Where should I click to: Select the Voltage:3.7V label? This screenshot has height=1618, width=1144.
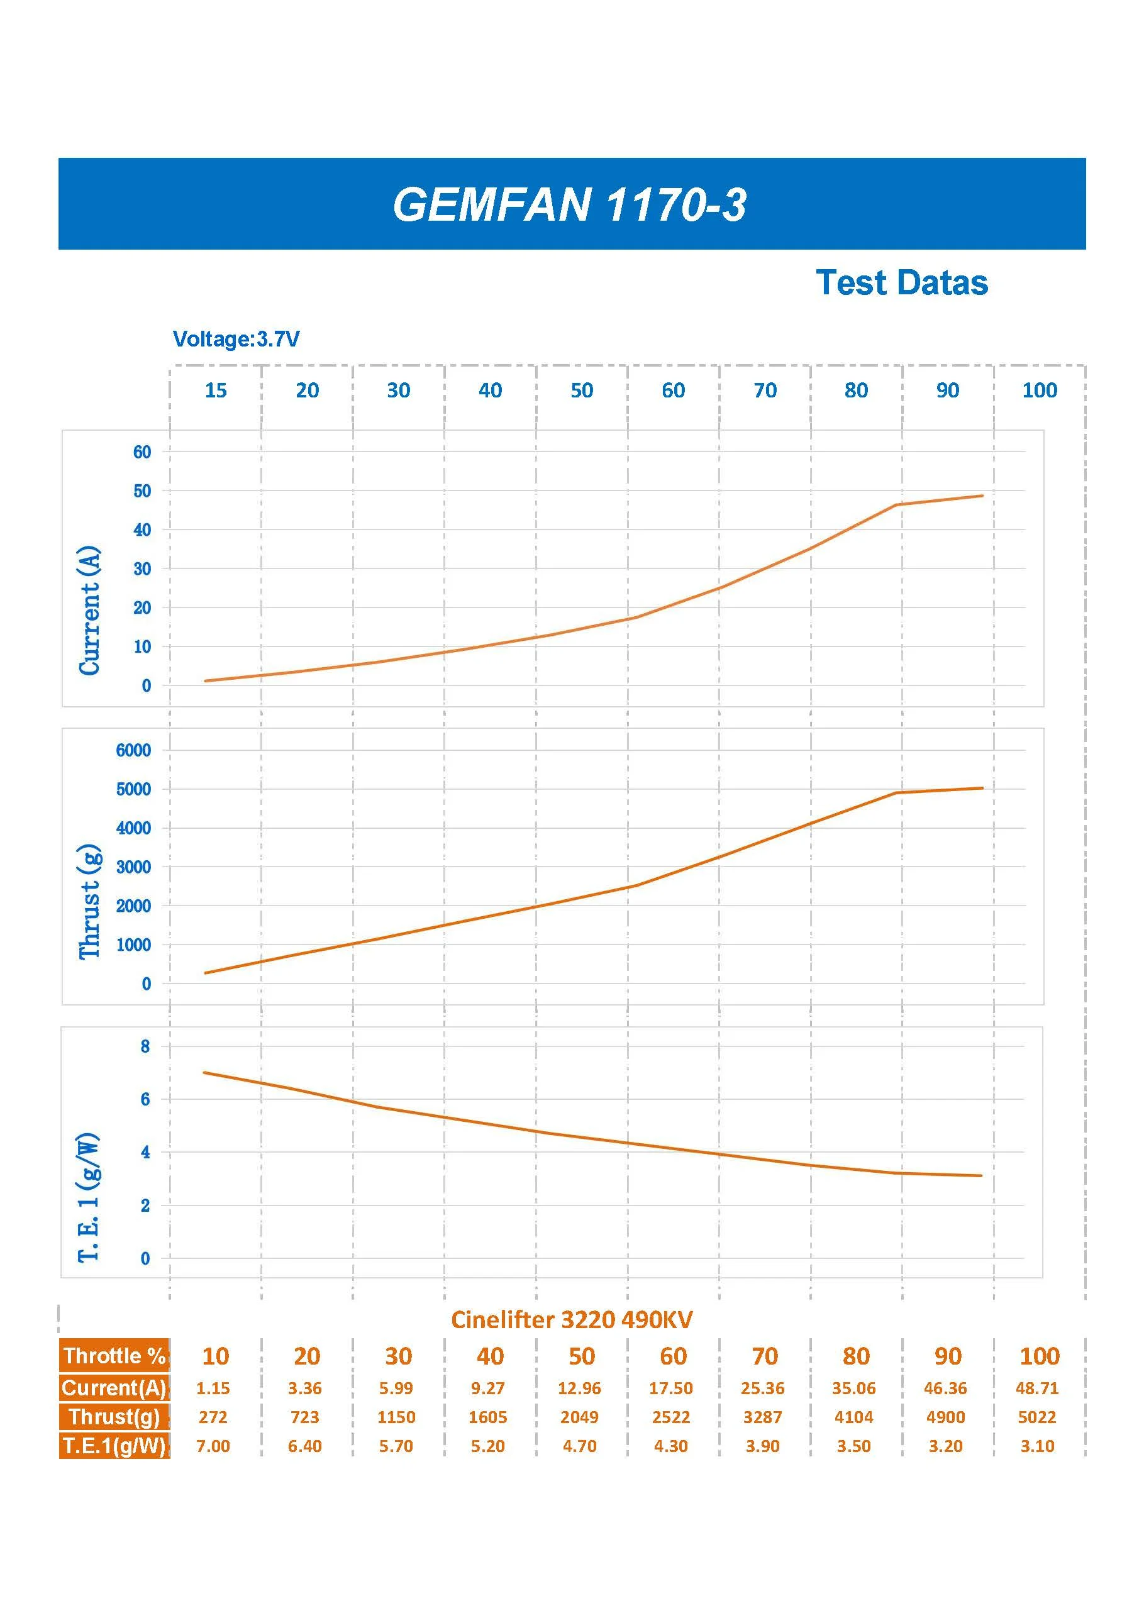coord(236,339)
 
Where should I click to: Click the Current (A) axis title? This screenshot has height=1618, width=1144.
coord(89,610)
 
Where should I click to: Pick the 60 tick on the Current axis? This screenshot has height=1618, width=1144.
coord(142,452)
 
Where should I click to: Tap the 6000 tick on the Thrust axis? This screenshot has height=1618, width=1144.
coord(133,750)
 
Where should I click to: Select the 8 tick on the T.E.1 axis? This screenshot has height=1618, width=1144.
coord(145,1046)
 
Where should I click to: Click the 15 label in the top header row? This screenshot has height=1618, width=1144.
coord(216,391)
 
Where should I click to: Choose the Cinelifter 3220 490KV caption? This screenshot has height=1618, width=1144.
coord(572,1319)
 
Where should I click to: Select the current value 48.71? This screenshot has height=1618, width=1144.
coord(1037,1388)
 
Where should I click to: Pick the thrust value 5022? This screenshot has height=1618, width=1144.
coord(1037,1417)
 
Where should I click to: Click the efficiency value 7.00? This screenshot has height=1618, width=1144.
coord(213,1446)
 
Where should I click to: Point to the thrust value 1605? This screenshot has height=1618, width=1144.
coord(488,1417)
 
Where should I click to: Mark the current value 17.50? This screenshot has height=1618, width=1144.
coord(670,1388)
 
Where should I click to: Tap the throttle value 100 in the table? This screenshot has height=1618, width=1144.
coord(1040,1356)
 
